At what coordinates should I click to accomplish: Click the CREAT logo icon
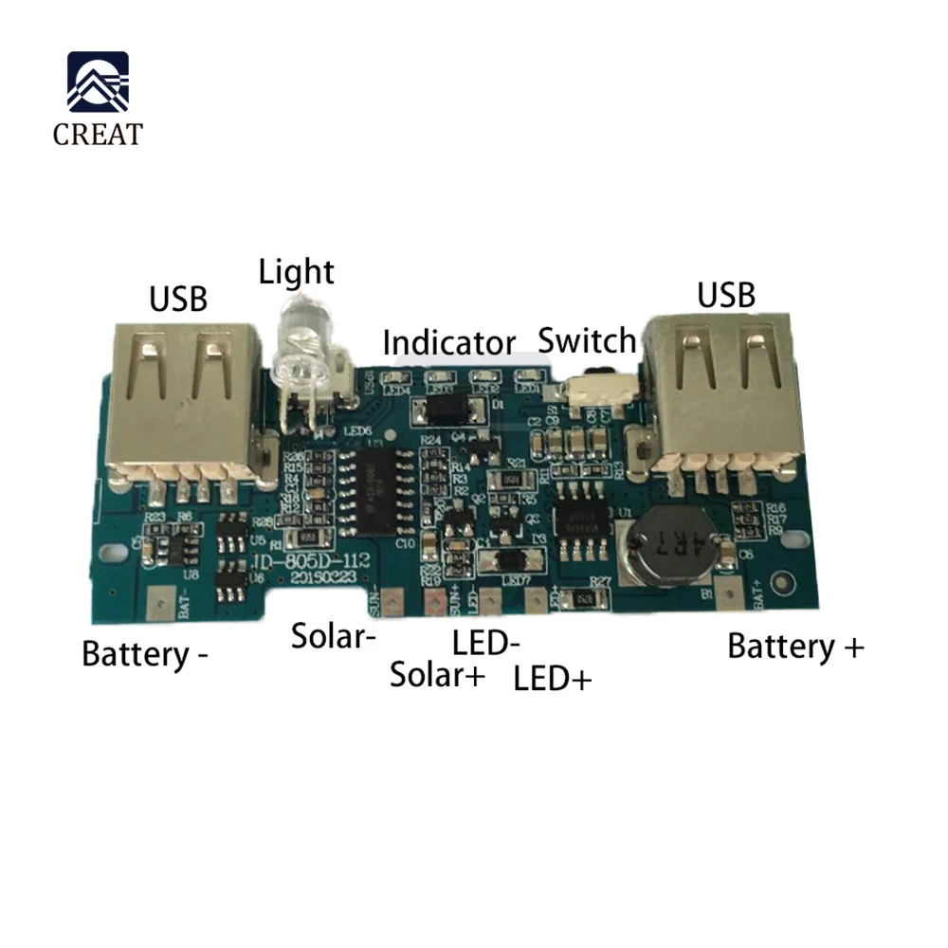[x=98, y=82]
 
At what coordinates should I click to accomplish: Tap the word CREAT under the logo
[x=98, y=134]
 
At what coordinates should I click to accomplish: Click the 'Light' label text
[x=297, y=272]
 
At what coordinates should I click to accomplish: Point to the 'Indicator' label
[x=449, y=342]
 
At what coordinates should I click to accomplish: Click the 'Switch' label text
[x=587, y=339]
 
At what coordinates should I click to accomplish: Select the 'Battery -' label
[x=145, y=653]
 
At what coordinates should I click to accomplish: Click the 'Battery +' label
[x=795, y=647]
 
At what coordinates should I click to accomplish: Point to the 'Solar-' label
[x=328, y=635]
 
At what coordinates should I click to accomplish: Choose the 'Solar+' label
[x=438, y=675]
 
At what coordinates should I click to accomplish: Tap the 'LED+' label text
[x=552, y=679]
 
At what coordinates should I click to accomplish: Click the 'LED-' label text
[x=485, y=645]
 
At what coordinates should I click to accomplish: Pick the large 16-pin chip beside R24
[x=380, y=492]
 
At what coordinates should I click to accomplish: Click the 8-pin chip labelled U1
[x=580, y=517]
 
